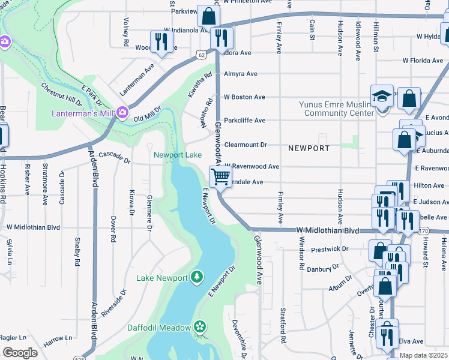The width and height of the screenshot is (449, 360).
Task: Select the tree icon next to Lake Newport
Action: click(196, 277)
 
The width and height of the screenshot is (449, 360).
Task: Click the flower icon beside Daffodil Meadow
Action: click(200, 327)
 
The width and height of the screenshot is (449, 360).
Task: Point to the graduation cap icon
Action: click(381, 97)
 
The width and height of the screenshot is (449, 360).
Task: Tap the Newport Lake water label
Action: click(178, 155)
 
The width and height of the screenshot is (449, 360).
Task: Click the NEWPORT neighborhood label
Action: click(309, 148)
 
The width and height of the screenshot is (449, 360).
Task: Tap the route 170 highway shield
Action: click(424, 230)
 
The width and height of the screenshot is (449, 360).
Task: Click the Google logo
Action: click(19, 352)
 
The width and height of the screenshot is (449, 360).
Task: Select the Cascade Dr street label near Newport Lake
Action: click(115, 157)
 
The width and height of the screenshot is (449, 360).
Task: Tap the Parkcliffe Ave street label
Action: click(244, 120)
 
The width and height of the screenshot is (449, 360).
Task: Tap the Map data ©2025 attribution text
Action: click(424, 355)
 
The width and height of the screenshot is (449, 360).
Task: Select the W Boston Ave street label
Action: click(244, 97)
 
